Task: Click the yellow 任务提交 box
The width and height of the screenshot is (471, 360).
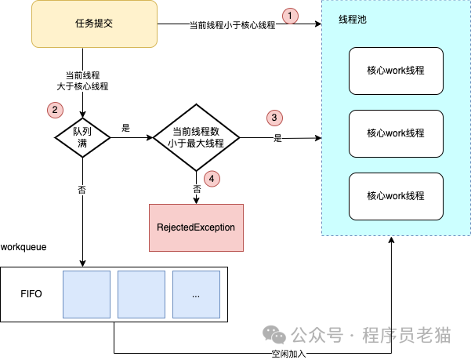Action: tap(94, 24)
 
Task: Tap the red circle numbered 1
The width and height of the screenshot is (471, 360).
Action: tap(290, 16)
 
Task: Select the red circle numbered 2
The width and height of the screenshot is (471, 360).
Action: tap(55, 110)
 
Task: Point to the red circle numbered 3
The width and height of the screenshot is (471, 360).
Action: tap(274, 118)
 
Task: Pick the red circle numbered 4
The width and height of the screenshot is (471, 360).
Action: tap(212, 179)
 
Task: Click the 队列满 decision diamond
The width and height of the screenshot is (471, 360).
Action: tap(82, 137)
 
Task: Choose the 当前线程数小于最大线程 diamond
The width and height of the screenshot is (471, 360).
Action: tap(197, 137)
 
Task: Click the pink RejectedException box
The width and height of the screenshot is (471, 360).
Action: tap(196, 227)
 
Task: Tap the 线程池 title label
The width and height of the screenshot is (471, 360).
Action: tap(353, 20)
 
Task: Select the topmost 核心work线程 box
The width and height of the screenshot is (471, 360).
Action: tap(396, 71)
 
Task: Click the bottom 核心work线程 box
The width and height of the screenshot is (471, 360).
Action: tap(396, 197)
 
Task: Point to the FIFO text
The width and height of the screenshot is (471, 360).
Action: tap(31, 294)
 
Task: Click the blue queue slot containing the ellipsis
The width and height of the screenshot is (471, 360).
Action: tap(196, 294)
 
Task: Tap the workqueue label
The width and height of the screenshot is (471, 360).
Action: tap(24, 247)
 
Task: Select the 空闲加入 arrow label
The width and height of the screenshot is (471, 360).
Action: tap(288, 354)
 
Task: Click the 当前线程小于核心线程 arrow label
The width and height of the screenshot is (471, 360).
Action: tap(233, 25)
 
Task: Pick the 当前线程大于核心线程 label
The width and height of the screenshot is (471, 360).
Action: tap(82, 81)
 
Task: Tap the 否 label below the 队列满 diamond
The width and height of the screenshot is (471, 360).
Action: tap(82, 190)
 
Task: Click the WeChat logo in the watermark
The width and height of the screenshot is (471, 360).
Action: tap(274, 334)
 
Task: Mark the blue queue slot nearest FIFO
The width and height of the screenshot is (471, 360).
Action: tap(86, 294)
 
